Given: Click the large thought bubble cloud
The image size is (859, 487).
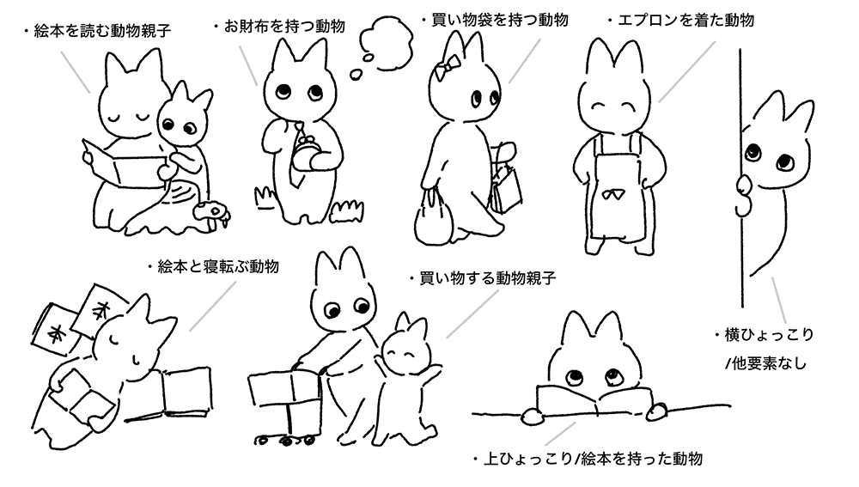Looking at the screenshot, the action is coord(387,41).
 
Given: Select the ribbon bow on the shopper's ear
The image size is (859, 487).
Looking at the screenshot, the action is coord(442,69).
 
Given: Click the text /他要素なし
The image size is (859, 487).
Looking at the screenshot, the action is coord(766,363).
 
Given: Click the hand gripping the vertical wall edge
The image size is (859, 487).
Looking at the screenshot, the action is coord(745,194).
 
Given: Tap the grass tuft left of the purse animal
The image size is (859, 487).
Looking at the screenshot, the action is coord(265,198).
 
